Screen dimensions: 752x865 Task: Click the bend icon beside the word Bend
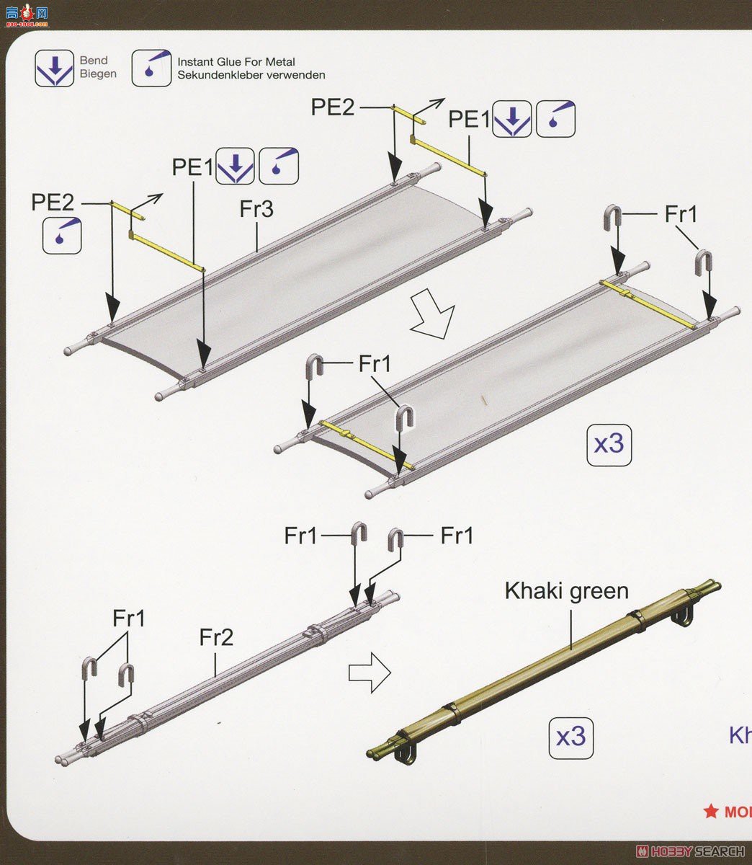(55, 68)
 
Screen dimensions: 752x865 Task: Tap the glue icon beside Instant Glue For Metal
(151, 68)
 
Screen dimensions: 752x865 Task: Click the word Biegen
(98, 74)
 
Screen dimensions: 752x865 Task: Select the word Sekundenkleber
(215, 75)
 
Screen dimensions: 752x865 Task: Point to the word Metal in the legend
(280, 62)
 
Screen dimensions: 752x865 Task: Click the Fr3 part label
(256, 209)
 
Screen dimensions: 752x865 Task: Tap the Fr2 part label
(216, 637)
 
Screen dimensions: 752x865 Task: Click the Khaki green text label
(567, 592)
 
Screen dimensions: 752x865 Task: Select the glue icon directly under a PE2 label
(62, 236)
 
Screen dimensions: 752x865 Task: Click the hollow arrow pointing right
(370, 673)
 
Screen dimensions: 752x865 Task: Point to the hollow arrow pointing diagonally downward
(434, 314)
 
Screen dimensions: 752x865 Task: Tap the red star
(711, 811)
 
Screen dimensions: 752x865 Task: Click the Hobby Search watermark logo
(690, 851)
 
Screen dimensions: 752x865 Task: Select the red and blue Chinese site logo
(27, 15)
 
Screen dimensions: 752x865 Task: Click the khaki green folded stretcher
(544, 671)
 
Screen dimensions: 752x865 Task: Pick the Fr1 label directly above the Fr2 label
(129, 618)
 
